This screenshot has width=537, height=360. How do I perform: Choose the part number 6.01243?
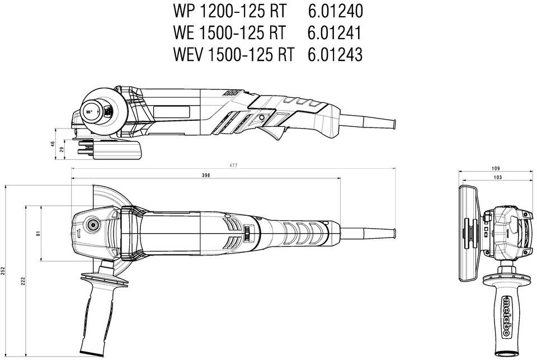click(x=335, y=54)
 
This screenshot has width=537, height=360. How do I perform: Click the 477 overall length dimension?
click(x=233, y=165)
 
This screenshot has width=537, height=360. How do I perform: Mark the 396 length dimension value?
click(x=205, y=176)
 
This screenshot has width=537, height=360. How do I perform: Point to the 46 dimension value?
click(x=53, y=144)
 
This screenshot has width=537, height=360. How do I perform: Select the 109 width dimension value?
click(x=494, y=168)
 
